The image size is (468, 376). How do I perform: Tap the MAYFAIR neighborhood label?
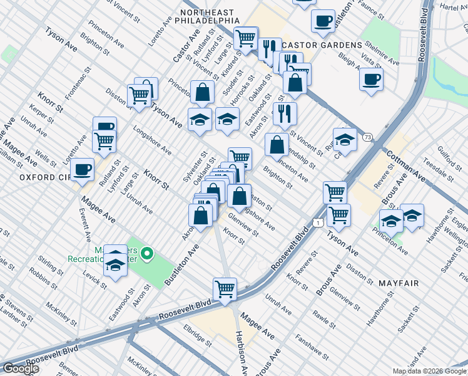399,283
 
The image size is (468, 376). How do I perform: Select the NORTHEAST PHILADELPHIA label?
207,16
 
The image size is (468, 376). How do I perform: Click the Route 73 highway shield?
367,137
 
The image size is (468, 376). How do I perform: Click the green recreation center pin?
147,254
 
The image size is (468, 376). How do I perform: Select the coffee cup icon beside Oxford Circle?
83,169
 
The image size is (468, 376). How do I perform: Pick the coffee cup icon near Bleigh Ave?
371,80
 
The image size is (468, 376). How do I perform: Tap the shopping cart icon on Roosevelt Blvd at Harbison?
225,289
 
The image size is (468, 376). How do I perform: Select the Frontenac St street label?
74,88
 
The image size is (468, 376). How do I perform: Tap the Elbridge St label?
197,335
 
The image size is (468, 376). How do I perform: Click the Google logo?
21,368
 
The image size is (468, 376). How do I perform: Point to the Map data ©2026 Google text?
429,371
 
